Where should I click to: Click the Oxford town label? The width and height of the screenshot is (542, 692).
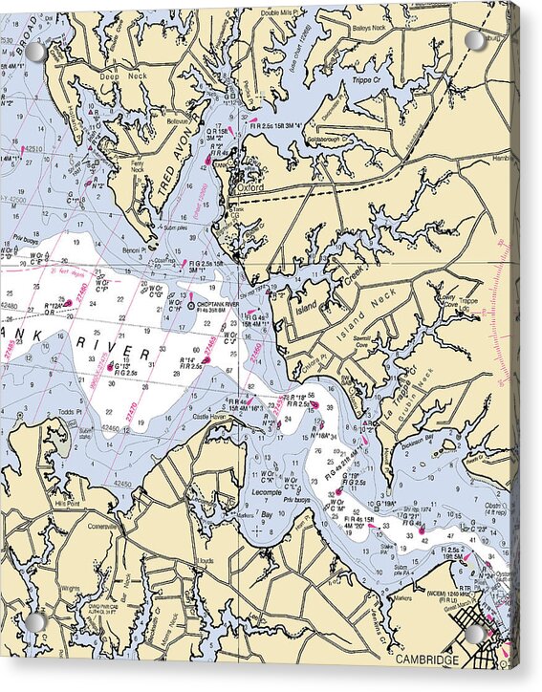251,188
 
